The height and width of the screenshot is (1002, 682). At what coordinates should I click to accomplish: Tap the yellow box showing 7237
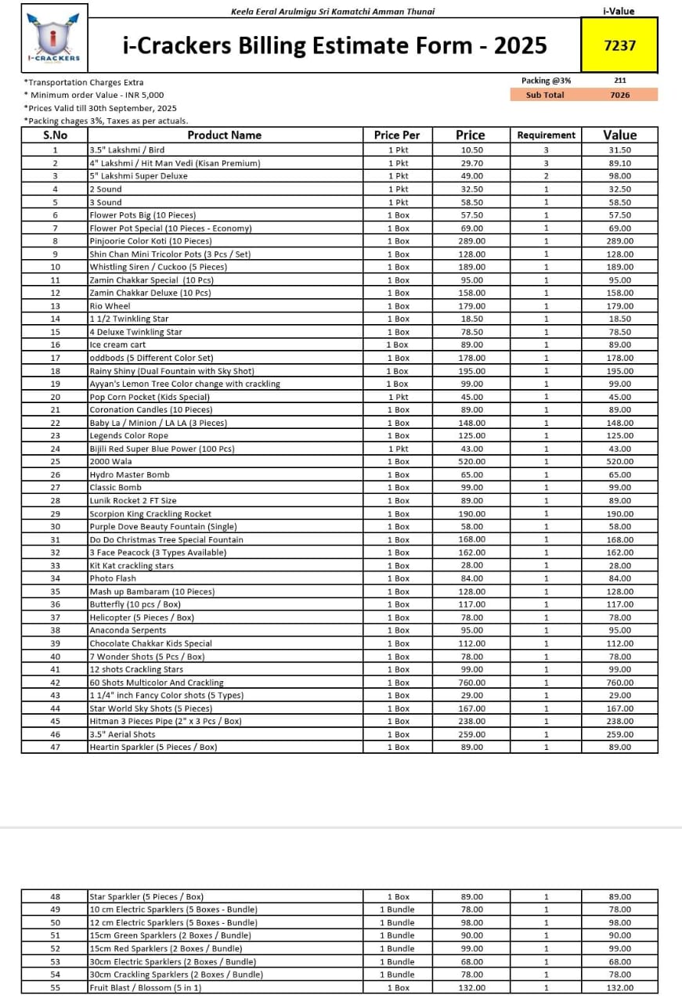[x=619, y=45]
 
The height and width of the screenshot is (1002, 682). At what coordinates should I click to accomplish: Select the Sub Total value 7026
[x=619, y=95]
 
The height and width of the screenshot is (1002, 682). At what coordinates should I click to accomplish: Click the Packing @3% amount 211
[x=619, y=80]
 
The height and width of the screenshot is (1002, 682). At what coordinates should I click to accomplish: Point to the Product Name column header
[x=224, y=135]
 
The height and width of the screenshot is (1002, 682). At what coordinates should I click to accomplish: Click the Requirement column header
[x=546, y=135]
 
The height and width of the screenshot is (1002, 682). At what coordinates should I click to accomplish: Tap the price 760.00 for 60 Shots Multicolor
[x=471, y=683]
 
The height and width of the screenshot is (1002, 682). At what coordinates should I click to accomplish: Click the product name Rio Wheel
[x=110, y=306]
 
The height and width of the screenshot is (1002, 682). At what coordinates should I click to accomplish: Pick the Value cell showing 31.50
[x=619, y=150]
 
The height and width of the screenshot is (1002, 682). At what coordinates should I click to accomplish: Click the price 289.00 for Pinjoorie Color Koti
[x=471, y=241]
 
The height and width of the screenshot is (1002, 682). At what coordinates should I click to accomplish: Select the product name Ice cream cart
[x=117, y=345]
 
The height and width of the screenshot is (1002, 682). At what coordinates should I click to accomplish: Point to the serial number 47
[x=55, y=747]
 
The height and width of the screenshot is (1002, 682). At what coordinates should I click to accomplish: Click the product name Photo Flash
[x=113, y=578]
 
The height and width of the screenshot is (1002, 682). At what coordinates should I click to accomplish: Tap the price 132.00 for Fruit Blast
[x=471, y=988]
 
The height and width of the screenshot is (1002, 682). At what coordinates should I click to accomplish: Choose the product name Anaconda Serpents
[x=128, y=630]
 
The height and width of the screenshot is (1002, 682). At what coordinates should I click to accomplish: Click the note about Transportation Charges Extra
[x=84, y=82]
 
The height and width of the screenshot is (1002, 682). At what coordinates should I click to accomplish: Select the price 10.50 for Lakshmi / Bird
[x=471, y=150]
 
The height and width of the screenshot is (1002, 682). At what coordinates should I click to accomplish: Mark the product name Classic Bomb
[x=115, y=488]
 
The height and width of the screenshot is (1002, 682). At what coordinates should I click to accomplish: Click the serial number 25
[x=55, y=462]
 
